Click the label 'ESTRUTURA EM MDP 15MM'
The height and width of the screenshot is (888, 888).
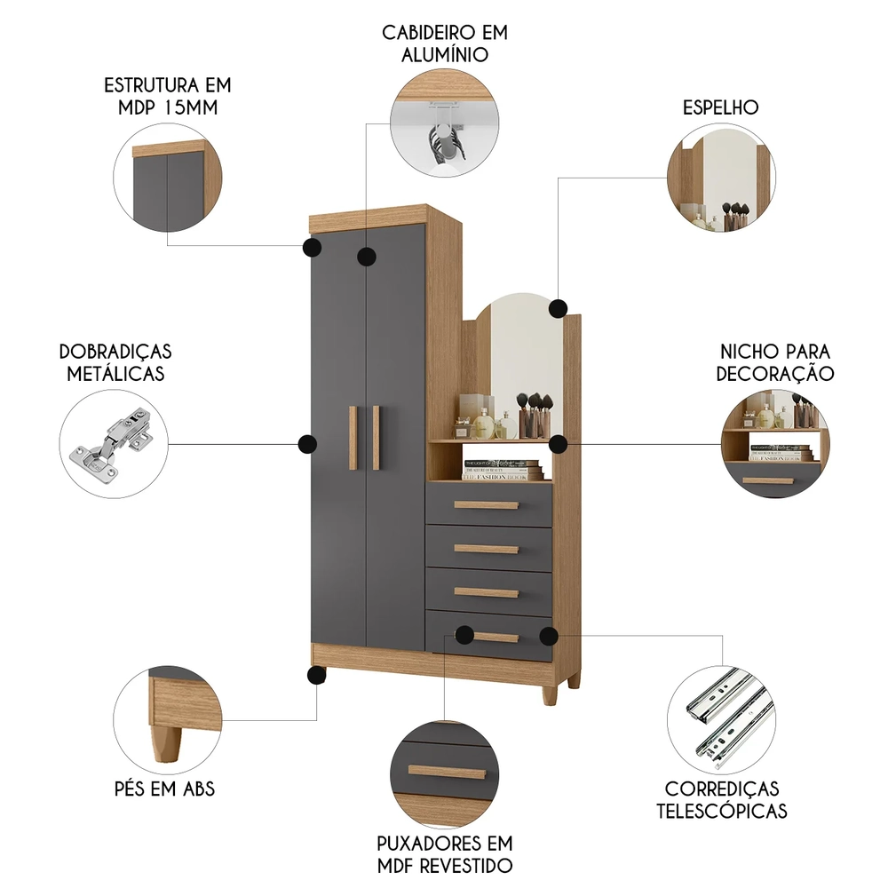coord(167,97)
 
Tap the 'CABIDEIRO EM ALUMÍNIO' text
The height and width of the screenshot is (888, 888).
coord(445,43)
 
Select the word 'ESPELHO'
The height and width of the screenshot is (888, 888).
coord(720,107)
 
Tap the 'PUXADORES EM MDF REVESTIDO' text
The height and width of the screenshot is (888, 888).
coord(444,853)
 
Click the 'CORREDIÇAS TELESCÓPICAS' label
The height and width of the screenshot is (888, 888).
coord(721,799)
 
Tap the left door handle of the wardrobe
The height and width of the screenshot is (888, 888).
coord(353,437)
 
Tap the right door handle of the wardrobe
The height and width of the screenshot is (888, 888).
coord(376,437)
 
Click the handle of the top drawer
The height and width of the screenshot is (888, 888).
coord(486,505)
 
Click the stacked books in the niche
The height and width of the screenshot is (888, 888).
coord(503,471)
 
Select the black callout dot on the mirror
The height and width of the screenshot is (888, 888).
coord(558,308)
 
